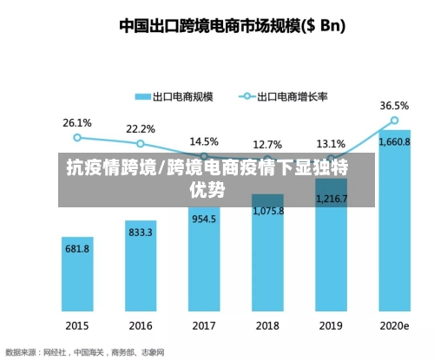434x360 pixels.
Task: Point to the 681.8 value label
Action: (x=77, y=248)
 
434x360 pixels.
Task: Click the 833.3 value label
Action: (x=141, y=232)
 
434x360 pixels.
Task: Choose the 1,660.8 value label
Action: (x=394, y=142)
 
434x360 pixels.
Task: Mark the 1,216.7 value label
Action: (x=331, y=199)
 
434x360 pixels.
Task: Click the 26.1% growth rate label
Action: (x=77, y=122)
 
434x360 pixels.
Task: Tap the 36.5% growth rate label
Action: (x=394, y=105)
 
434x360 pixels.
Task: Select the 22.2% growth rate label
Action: (x=141, y=128)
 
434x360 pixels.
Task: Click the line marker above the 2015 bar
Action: (x=77, y=137)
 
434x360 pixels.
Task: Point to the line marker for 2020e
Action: (x=394, y=121)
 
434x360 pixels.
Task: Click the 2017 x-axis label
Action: (x=204, y=326)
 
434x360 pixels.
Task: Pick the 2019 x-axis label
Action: (x=331, y=326)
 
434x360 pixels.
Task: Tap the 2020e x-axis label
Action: (x=394, y=326)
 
